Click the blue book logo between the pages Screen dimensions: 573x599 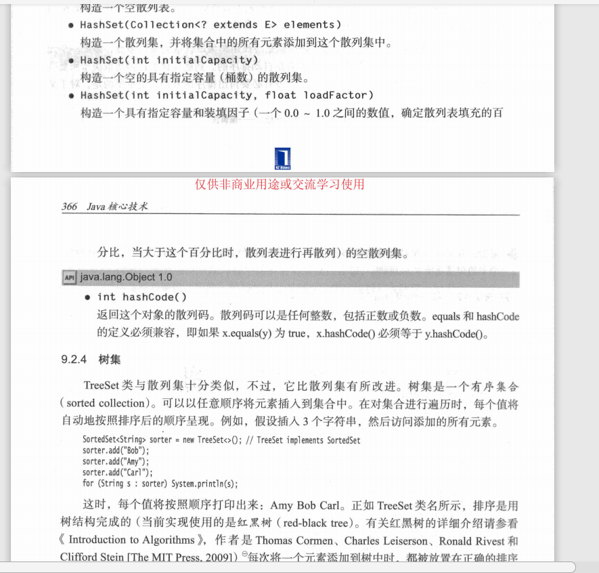pyautogui.click(x=282, y=158)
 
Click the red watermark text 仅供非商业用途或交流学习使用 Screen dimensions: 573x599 pyautogui.click(x=280, y=184)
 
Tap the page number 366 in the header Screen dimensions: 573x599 pyautogui.click(x=69, y=207)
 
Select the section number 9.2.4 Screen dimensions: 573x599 pyautogui.click(x=74, y=360)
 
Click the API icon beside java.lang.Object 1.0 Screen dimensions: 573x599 pyautogui.click(x=68, y=278)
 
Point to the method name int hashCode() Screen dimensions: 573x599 pyautogui.click(x=142, y=297)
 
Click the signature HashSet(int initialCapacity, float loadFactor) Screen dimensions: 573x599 pyautogui.click(x=227, y=95)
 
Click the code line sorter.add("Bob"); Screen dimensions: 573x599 pyautogui.click(x=116, y=451)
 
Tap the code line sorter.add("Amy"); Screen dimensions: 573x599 pyautogui.click(x=116, y=462)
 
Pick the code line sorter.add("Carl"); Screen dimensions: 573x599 pyautogui.click(x=118, y=473)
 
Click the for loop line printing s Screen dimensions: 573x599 pyautogui.click(x=160, y=484)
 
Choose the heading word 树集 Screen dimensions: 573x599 pyautogui.click(x=110, y=360)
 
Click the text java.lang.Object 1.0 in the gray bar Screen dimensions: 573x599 pyautogui.click(x=126, y=278)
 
